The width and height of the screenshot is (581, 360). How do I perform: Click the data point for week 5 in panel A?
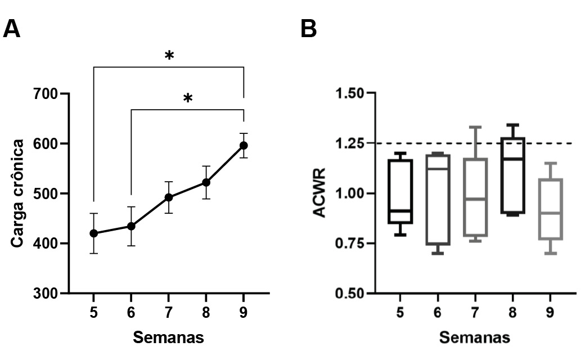93,233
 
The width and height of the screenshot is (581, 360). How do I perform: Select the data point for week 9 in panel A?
244,146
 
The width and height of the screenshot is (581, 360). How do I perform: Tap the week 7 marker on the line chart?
168,197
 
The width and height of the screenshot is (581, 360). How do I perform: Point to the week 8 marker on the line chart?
206,182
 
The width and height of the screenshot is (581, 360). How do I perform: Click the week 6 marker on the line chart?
131,226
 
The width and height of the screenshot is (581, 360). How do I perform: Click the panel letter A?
12,29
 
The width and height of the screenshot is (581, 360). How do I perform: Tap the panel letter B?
309,29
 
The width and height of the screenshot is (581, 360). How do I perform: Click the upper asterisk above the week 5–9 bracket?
169,57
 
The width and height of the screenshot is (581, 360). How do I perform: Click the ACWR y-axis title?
321,193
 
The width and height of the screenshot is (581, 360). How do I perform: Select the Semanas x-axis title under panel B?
474,337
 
